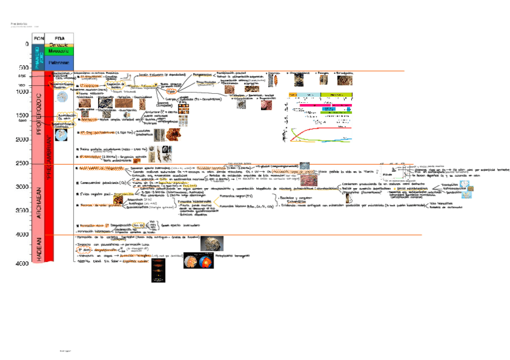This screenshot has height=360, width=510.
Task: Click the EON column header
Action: tap(39, 38)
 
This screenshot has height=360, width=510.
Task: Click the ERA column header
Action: tap(59, 38)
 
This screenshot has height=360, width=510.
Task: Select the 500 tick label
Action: tap(24, 68)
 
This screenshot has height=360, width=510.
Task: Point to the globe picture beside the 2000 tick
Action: tap(61, 135)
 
